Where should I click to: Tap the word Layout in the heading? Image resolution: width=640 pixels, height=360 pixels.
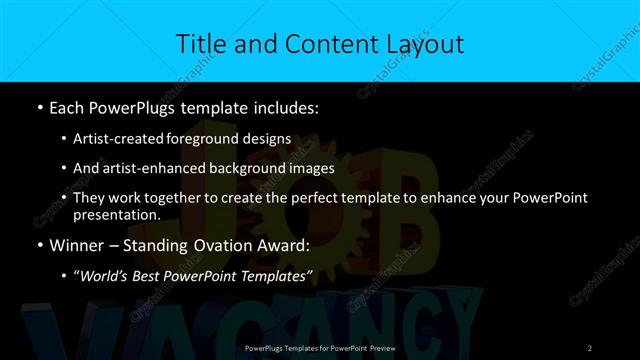coord(423,43)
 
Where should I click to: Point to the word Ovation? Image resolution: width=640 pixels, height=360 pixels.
coord(224,245)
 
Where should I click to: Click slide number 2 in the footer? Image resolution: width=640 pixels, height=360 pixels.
coord(590,346)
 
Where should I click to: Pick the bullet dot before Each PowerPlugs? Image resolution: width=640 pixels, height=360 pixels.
coord(39,105)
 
